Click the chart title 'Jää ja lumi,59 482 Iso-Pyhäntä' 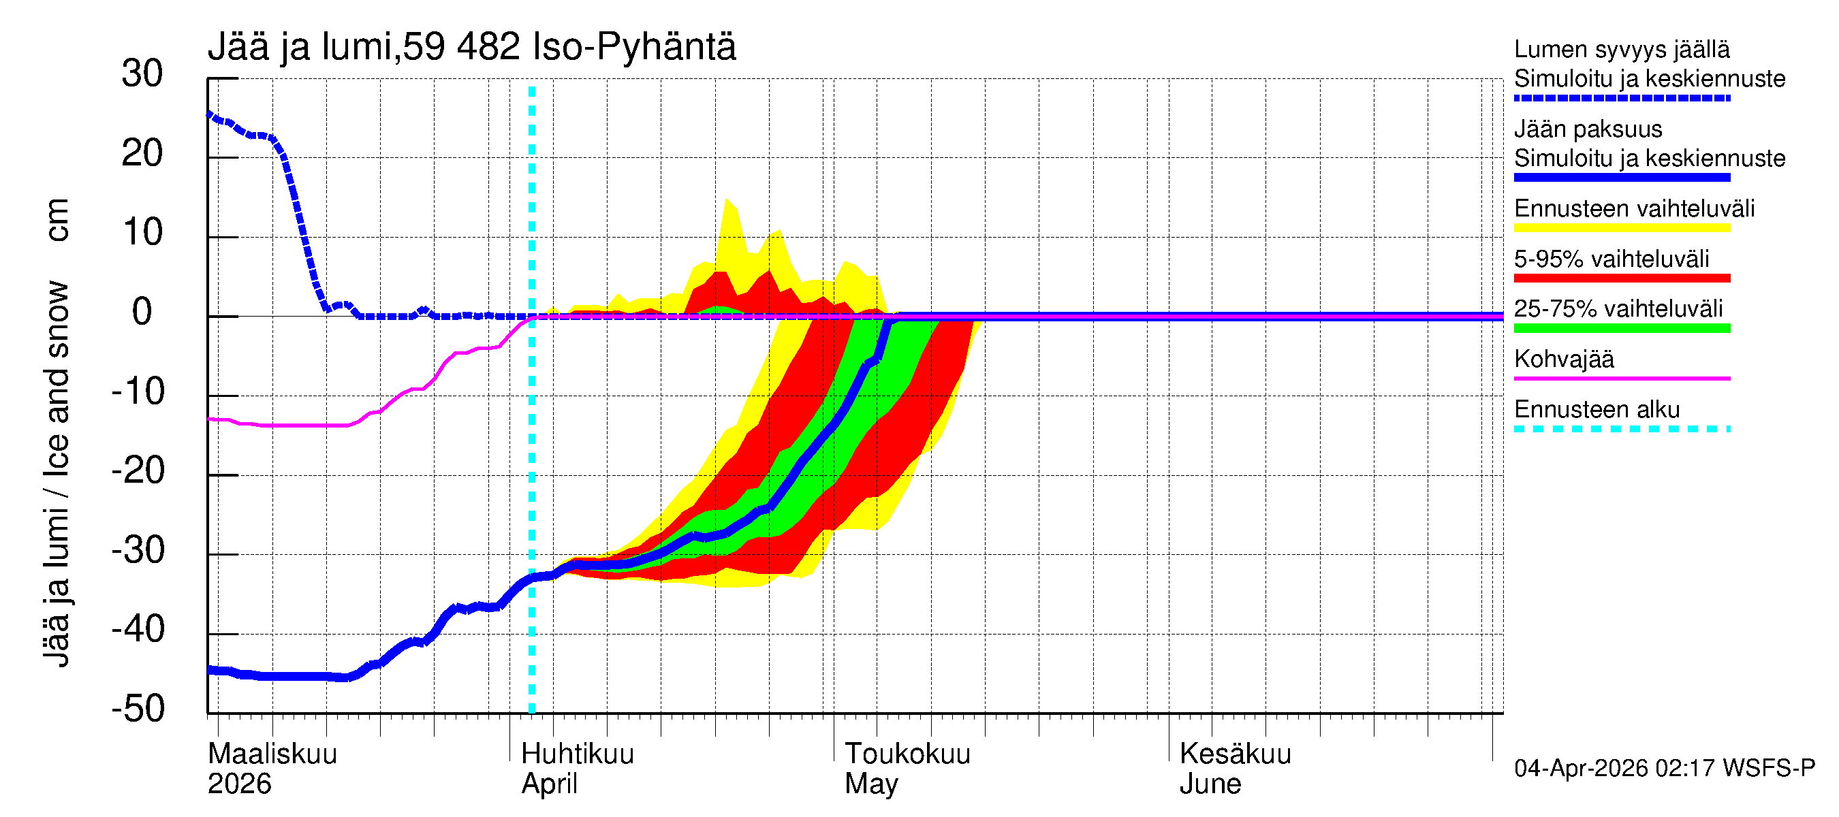(x=471, y=47)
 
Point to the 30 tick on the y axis (x=142, y=74)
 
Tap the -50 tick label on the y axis (x=138, y=709)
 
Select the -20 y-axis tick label (x=138, y=471)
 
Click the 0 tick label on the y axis (x=142, y=313)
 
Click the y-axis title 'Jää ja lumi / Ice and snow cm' (x=57, y=432)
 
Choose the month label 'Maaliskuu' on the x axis (x=272, y=754)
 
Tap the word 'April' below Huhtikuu (x=549, y=784)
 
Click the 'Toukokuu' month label (x=907, y=754)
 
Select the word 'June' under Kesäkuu (x=1210, y=784)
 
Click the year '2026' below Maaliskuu (x=239, y=784)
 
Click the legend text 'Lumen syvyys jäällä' (x=1621, y=49)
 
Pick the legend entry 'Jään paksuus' (x=1588, y=129)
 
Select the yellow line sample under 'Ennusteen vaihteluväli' (x=1621, y=228)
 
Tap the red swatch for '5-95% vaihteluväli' (x=1621, y=278)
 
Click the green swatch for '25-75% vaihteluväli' (x=1621, y=328)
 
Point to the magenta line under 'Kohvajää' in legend (x=1621, y=378)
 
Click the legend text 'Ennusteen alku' (x=1597, y=410)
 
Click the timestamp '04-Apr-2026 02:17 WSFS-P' (x=1663, y=769)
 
